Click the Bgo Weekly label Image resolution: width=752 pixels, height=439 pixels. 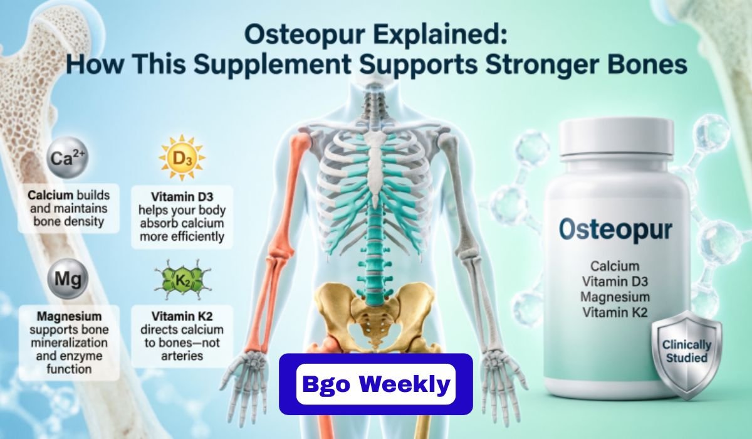pyautogui.click(x=375, y=384)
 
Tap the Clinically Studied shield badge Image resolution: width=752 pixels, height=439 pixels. pyautogui.click(x=686, y=351)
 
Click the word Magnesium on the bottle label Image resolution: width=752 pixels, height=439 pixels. pyautogui.click(x=615, y=297)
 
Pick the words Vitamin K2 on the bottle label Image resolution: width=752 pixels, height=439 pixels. pyautogui.click(x=615, y=312)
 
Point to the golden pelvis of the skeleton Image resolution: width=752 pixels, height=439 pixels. pyautogui.click(x=375, y=310)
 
